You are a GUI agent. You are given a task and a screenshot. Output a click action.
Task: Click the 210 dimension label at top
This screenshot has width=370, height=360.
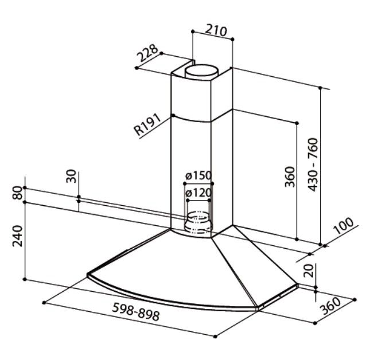(216, 30)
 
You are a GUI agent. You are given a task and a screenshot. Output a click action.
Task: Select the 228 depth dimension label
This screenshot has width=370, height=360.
(147, 55)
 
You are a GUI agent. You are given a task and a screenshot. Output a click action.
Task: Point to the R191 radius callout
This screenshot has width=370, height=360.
(147, 126)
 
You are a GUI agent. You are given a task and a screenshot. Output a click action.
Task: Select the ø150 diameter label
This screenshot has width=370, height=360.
(198, 176)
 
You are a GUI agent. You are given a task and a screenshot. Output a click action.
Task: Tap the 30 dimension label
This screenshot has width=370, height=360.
(71, 176)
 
